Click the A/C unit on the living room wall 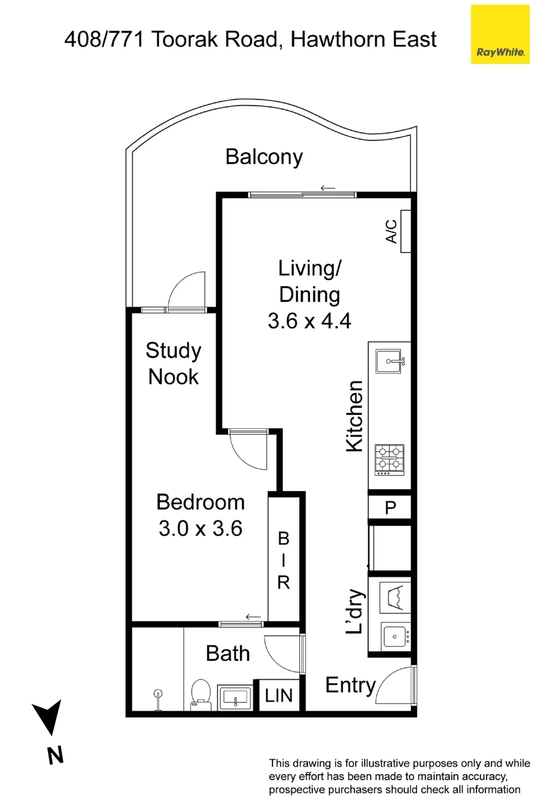pos(405,231)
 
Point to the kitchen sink pos(389,361)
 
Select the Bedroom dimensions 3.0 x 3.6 pos(201,529)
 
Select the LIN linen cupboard pos(279,696)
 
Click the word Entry pos(351,686)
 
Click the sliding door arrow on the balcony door pos(328,188)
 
